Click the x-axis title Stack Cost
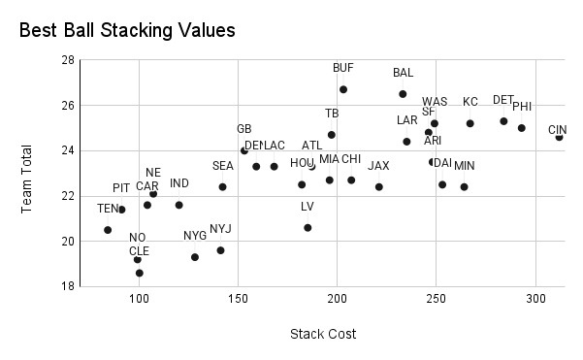tap(323, 335)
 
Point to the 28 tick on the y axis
tap(68, 60)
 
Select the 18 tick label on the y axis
tap(68, 286)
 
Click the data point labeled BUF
tap(343, 89)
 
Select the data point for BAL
tap(403, 94)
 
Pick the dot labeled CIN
tap(559, 138)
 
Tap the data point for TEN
tap(108, 230)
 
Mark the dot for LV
tap(308, 228)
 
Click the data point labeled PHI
tap(521, 128)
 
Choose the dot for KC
tap(470, 123)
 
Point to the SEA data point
tap(222, 187)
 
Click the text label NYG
tap(195, 236)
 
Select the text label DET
tap(502, 100)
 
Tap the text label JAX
tap(378, 166)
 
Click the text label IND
tap(179, 183)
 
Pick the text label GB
tap(243, 129)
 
